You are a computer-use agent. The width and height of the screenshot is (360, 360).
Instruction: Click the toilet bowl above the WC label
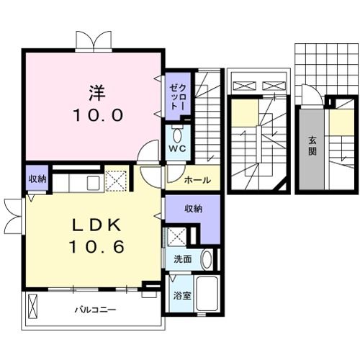pyautogui.click(x=178, y=133)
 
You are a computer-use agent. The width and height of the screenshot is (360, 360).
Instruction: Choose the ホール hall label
pyautogui.click(x=197, y=180)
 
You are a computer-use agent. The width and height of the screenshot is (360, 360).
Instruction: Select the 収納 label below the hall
pyautogui.click(x=192, y=208)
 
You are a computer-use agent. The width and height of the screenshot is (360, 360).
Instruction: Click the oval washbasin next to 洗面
pyautogui.click(x=206, y=259)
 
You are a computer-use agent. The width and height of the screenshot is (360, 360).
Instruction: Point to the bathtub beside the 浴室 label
pyautogui.click(x=207, y=293)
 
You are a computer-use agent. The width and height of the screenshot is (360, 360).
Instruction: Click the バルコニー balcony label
pyautogui.click(x=97, y=311)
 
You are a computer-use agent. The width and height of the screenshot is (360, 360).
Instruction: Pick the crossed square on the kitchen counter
pyautogui.click(x=115, y=180)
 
